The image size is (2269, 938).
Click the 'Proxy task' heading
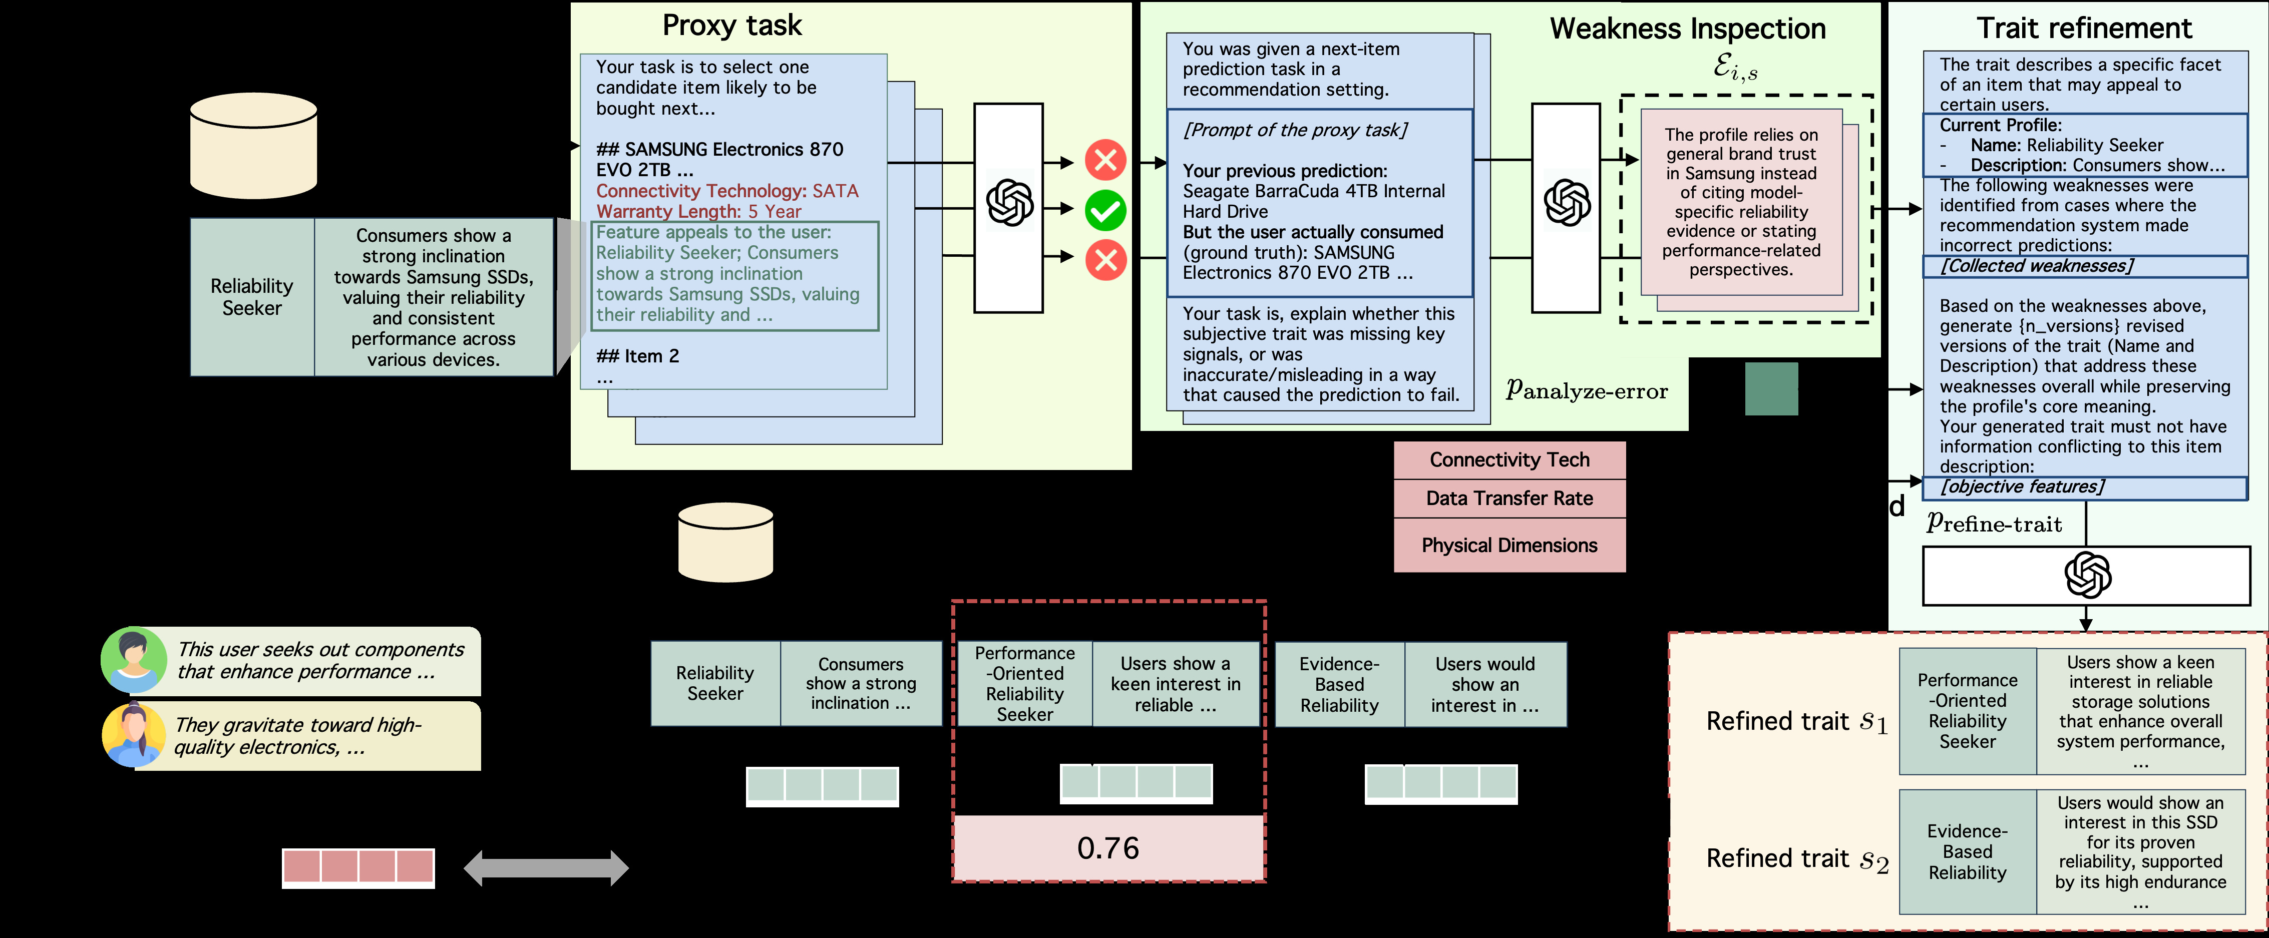tap(732, 26)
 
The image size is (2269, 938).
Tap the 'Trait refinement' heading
tap(2084, 28)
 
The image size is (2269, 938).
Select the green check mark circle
tap(1105, 211)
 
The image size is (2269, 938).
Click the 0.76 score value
tap(1108, 848)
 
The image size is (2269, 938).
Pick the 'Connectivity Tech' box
tap(1509, 460)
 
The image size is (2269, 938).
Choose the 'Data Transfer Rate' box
tap(1509, 499)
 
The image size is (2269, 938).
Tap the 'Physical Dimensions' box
tap(1509, 545)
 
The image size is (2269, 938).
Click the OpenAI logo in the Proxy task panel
tap(1009, 203)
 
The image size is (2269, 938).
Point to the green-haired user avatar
tap(133, 660)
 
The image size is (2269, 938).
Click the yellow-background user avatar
tap(133, 735)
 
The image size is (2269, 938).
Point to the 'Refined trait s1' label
tap(1797, 722)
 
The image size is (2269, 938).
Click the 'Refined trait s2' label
tap(1797, 859)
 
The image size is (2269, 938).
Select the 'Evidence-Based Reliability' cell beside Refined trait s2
tap(1968, 852)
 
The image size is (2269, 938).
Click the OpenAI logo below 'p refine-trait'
tap(2088, 576)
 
